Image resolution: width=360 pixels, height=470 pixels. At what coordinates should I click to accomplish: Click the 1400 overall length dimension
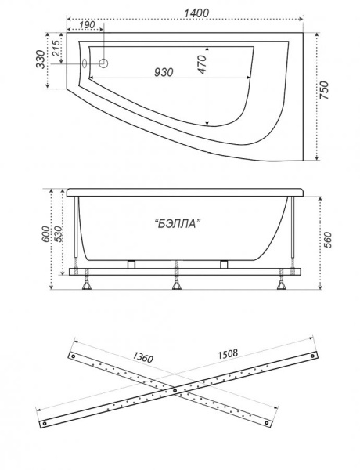point(196,13)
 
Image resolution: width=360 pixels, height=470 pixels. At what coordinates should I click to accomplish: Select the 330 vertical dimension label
point(41,60)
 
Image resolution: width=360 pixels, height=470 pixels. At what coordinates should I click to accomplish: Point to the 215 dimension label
point(56,49)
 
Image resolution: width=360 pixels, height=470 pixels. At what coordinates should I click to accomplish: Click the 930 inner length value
point(164,72)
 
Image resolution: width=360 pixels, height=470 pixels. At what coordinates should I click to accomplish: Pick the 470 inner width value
point(203,64)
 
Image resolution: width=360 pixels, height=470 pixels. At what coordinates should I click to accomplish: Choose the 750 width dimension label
point(324,91)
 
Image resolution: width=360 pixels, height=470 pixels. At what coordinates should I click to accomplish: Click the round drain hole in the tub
point(103,63)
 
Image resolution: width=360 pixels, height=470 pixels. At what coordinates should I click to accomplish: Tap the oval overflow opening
point(85,63)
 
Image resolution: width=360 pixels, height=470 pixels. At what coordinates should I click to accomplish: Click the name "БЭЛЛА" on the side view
point(178,223)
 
